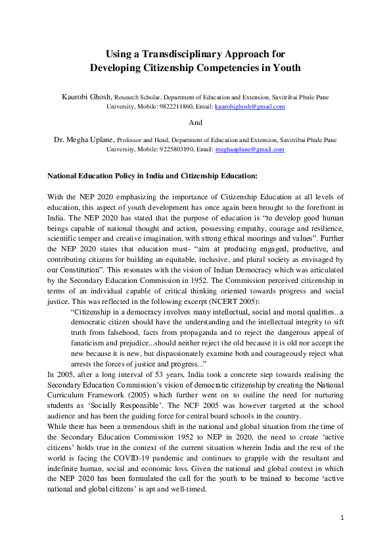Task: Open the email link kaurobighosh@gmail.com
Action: (250, 107)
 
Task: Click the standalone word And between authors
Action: (195, 122)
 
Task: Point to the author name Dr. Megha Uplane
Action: (85, 139)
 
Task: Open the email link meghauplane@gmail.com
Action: (250, 149)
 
